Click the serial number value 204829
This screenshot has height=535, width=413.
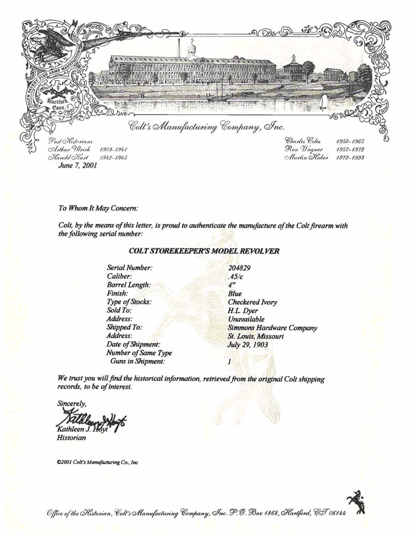tap(239, 268)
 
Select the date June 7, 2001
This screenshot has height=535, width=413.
tap(77, 165)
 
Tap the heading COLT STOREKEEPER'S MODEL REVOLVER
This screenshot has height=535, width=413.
tap(204, 251)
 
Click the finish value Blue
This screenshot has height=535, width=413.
tap(235, 294)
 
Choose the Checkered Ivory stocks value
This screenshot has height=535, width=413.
tap(253, 302)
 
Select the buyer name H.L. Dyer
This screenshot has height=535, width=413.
tap(243, 311)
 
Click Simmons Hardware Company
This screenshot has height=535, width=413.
tap(272, 328)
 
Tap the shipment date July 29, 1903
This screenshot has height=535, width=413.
tap(248, 345)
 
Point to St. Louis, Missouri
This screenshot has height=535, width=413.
tap(256, 336)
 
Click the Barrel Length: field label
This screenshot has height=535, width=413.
tap(129, 285)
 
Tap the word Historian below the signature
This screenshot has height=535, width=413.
tap(72, 438)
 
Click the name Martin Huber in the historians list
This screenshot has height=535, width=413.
tap(307, 158)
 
